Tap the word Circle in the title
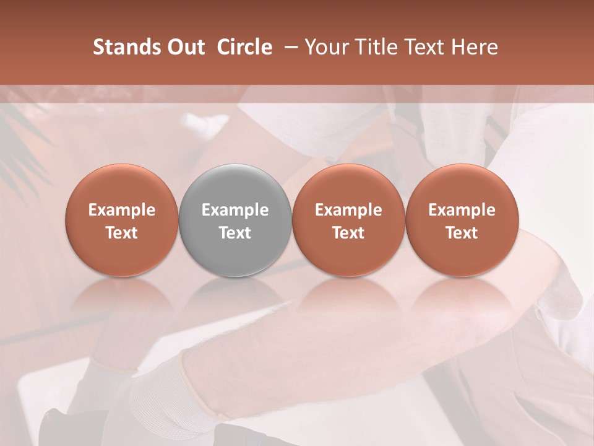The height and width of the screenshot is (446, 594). click(x=244, y=47)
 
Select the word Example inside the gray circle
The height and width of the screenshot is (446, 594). click(x=235, y=210)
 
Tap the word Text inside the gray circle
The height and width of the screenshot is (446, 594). click(x=235, y=233)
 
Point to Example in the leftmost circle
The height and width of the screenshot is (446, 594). click(x=122, y=210)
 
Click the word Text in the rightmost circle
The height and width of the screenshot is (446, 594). click(x=462, y=233)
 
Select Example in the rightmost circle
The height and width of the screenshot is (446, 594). click(x=462, y=210)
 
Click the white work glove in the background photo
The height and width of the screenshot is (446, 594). click(x=155, y=396)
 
